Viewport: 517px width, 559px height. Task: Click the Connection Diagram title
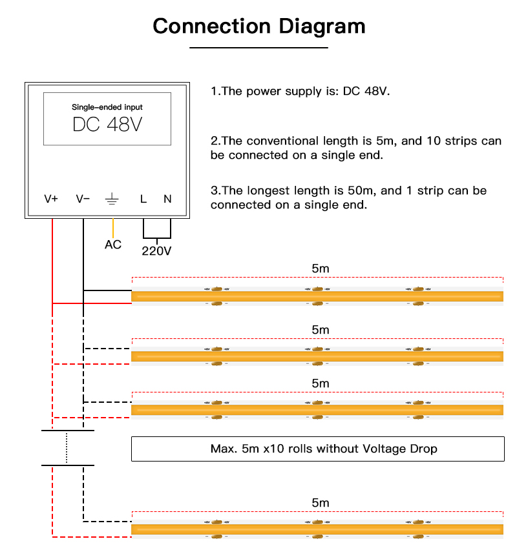[259, 26]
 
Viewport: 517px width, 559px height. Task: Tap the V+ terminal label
[51, 199]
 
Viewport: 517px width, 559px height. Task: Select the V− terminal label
[83, 199]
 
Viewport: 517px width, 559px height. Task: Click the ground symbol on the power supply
[112, 199]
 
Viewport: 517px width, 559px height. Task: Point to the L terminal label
[143, 199]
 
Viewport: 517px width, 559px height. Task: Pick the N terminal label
[167, 199]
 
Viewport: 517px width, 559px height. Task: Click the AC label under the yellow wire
[113, 245]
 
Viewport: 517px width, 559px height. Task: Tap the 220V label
[156, 250]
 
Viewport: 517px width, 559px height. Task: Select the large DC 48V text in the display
[107, 125]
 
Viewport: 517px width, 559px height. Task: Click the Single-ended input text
[107, 107]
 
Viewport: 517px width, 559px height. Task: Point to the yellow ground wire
[113, 227]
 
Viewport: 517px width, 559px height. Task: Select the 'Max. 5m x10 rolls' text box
[317, 449]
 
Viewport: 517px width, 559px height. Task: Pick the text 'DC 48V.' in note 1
[366, 91]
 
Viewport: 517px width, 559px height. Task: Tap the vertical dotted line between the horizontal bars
[67, 447]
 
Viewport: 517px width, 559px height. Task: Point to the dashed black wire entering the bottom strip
[107, 520]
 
